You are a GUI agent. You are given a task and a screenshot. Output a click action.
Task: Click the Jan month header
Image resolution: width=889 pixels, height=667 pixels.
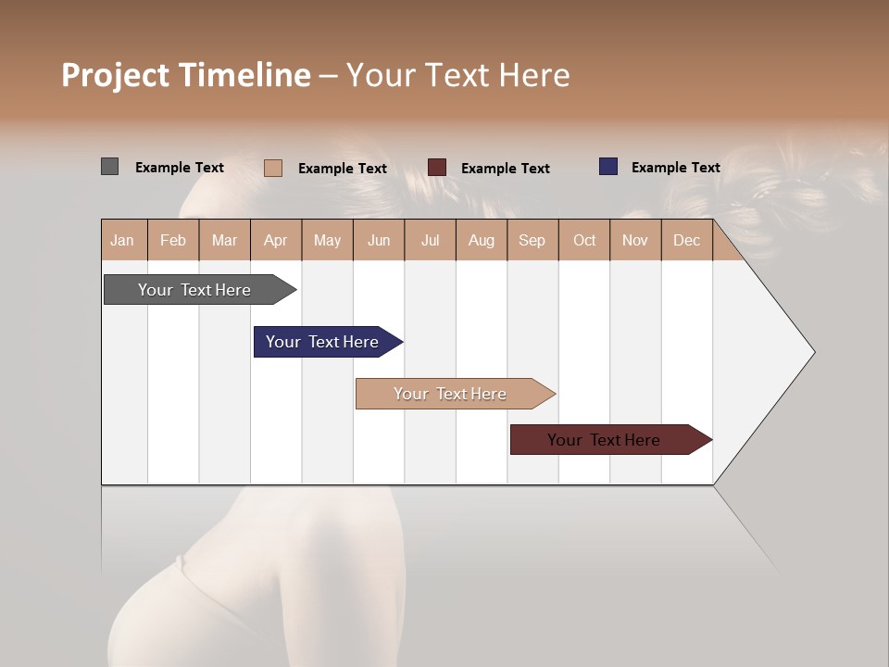tap(123, 240)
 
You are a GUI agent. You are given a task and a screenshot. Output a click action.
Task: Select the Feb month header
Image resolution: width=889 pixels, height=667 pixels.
tap(173, 240)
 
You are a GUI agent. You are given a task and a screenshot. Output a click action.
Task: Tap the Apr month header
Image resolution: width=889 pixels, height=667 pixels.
tap(276, 240)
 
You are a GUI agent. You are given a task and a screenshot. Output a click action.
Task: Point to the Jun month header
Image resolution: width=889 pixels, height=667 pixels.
tap(379, 240)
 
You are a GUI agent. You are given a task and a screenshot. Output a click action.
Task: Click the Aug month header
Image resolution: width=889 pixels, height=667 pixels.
tap(482, 240)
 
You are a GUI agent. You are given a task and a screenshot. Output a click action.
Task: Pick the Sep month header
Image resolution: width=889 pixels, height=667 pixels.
tap(532, 240)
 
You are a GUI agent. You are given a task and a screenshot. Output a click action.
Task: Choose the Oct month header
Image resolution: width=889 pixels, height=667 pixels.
tap(584, 240)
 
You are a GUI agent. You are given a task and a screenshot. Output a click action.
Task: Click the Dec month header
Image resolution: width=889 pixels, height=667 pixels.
tap(687, 240)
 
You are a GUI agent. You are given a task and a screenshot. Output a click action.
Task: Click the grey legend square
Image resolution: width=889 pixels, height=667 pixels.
tap(109, 167)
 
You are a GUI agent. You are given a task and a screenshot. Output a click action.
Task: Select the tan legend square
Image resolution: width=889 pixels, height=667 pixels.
tap(273, 168)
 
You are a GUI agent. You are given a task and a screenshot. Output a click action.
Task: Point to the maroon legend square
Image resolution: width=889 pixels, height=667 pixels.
tap(437, 167)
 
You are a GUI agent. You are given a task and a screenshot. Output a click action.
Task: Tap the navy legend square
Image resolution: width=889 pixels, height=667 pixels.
tap(608, 167)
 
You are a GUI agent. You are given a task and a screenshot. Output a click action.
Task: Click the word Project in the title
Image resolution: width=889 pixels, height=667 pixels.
tap(116, 76)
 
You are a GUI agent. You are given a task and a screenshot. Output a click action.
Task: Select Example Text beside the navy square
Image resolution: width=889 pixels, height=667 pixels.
tap(675, 168)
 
